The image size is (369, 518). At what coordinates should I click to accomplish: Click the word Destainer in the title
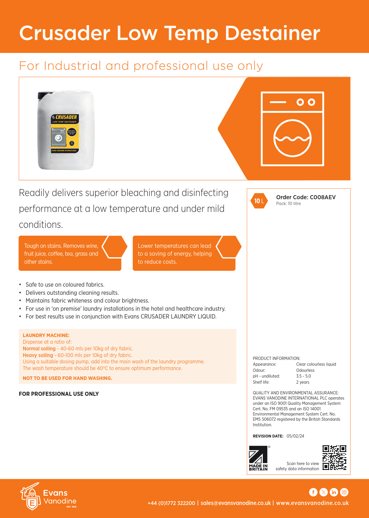(272, 33)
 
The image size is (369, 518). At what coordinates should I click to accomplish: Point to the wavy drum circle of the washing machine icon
(292, 138)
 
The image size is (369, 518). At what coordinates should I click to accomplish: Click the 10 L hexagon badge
(259, 201)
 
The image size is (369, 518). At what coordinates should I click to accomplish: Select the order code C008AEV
(322, 197)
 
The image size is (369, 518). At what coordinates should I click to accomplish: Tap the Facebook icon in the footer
(313, 492)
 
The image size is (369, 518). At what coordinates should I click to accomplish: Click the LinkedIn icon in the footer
(334, 492)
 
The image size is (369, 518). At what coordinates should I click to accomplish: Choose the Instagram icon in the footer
(344, 492)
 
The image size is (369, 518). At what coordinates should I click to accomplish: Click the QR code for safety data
(334, 457)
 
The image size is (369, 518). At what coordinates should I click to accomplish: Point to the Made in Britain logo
(258, 458)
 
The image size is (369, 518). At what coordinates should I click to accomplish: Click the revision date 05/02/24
(295, 436)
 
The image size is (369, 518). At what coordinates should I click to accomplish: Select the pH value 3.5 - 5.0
(303, 376)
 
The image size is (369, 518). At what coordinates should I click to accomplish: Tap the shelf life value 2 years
(303, 382)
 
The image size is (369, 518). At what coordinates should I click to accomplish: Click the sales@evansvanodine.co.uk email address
(236, 503)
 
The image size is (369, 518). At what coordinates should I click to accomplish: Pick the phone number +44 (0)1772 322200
(171, 503)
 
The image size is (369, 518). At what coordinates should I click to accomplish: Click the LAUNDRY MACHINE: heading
(46, 335)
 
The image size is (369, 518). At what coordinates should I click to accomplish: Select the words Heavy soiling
(38, 355)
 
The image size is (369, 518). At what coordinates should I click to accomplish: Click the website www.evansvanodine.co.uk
(312, 503)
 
